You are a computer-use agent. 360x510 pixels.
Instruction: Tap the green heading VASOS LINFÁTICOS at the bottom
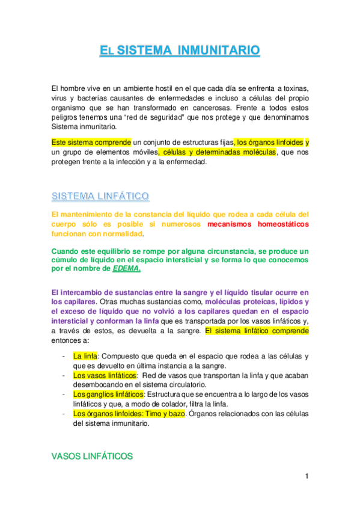click(x=92, y=457)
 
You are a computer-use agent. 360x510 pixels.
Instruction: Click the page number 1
click(x=307, y=477)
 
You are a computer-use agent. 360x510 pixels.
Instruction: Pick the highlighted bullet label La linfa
click(x=85, y=356)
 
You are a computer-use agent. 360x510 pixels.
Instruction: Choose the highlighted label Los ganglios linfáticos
click(x=109, y=394)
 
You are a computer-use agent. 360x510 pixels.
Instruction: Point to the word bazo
click(x=175, y=414)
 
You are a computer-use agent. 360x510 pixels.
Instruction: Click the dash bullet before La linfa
click(x=64, y=356)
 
